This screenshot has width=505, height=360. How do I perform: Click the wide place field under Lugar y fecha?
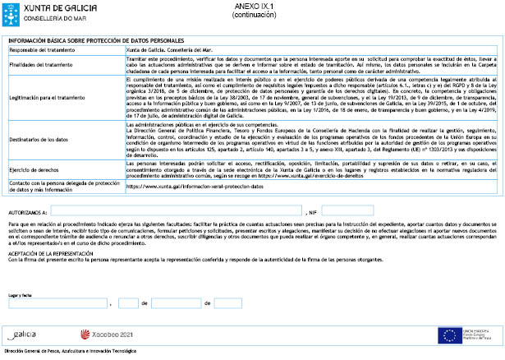57,302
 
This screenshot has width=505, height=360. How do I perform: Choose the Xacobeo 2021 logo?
110,335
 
